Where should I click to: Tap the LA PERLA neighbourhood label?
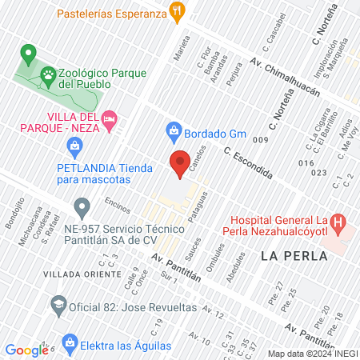(x=294, y=256)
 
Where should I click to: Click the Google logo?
(x=26, y=350)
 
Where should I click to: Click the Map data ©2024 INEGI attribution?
(x=312, y=354)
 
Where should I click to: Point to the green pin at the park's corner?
(x=28, y=55)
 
